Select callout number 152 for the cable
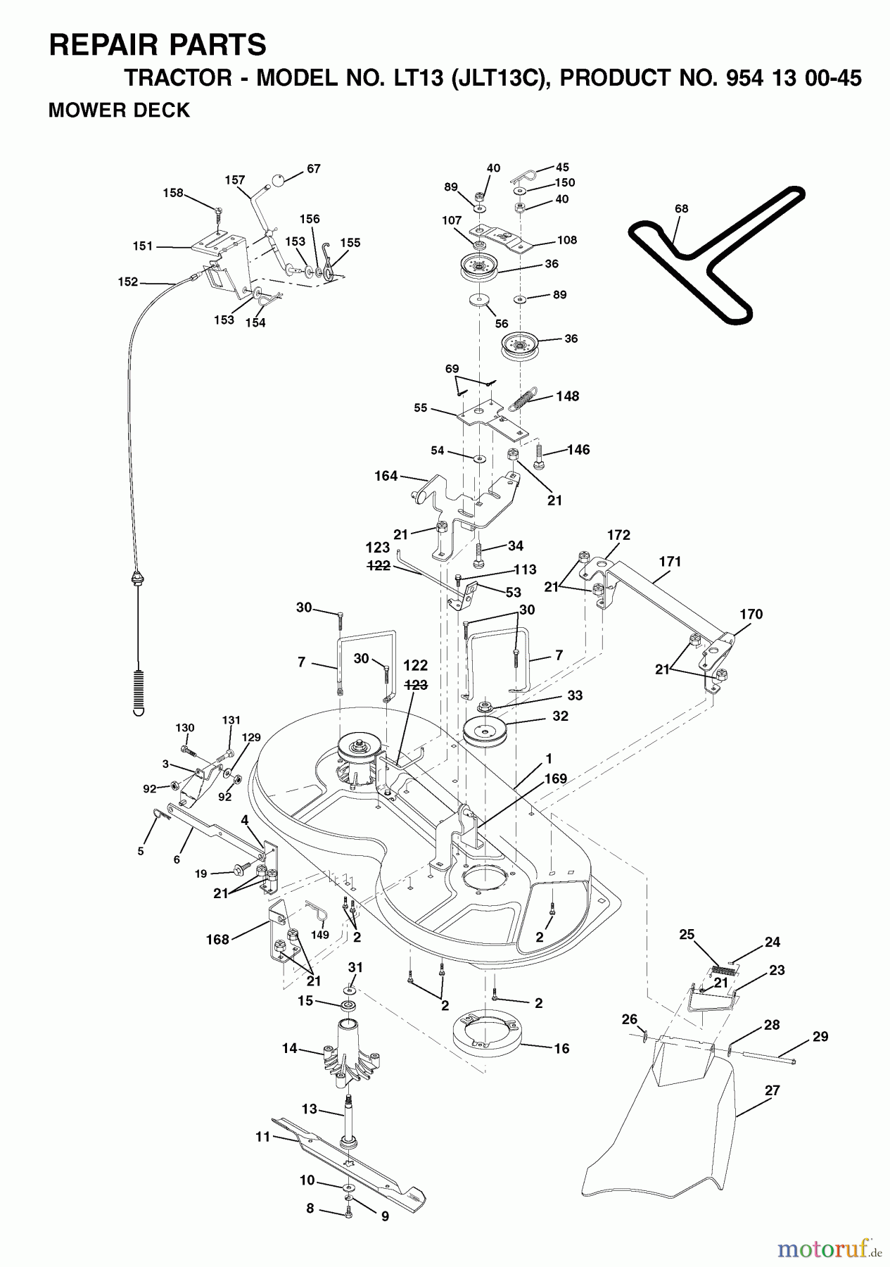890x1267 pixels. tap(128, 282)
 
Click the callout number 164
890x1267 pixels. tap(386, 477)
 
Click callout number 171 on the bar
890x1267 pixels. tap(670, 562)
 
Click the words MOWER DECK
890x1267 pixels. tap(118, 111)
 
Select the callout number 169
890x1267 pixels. tap(554, 779)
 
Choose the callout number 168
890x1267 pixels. tap(217, 939)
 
